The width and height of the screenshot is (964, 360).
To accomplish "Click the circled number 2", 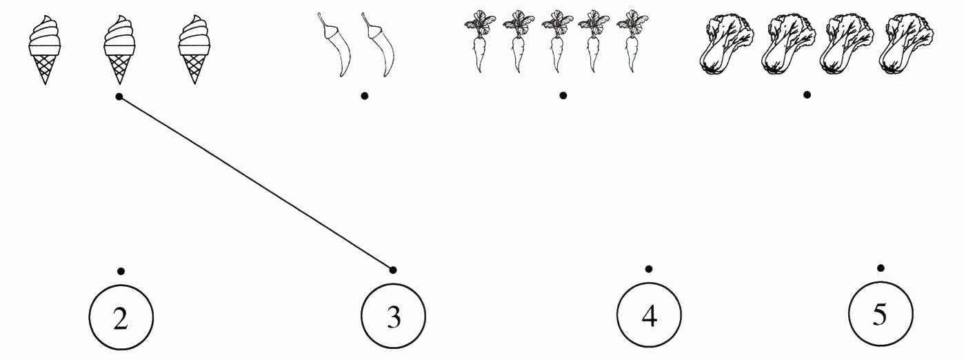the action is pos(121,319).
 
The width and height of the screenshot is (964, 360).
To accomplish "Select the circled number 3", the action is pos(393,317).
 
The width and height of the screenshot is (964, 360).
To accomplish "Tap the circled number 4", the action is pos(648,317).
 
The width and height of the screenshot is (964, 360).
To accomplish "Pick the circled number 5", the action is pos(880,315).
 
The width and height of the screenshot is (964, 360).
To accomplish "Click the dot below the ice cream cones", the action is pos(119,97).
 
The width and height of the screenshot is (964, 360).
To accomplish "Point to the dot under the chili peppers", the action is pos(364,95).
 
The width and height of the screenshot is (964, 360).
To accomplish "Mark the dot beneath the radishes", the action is pos(563,95).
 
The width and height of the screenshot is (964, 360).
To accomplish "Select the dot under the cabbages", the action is pos(807,94).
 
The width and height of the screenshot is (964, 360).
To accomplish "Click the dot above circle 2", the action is pos(121,270).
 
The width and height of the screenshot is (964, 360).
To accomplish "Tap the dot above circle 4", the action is pos(648,269).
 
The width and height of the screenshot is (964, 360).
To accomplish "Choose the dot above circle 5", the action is pos(880,268).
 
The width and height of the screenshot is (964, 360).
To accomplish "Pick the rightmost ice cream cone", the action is pos(194,50).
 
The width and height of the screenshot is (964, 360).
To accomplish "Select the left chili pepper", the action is pos(332,45).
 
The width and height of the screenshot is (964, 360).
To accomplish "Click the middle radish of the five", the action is pos(554,43).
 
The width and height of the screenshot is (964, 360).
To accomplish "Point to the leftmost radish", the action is pos(477,43).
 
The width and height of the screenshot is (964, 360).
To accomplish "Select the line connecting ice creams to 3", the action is pos(256,183).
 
